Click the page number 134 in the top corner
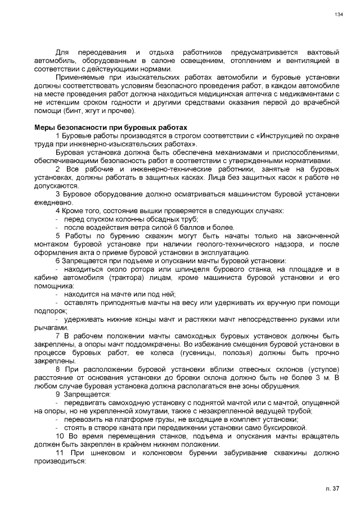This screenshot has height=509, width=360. [x=338, y=15]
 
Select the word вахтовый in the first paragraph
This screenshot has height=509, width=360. [x=323, y=52]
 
